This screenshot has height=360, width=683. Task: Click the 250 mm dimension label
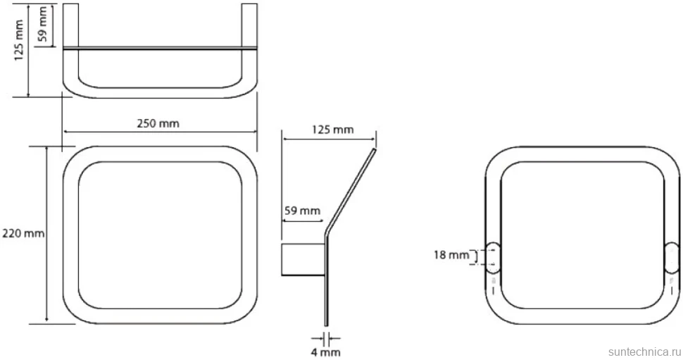click(x=158, y=123)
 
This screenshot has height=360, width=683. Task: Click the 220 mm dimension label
click(x=23, y=234)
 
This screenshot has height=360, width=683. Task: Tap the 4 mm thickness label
click(x=326, y=352)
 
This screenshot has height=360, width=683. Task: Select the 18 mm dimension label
click(x=451, y=255)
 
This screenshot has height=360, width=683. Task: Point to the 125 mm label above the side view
click(x=333, y=130)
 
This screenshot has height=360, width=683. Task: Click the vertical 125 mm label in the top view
click(x=19, y=40)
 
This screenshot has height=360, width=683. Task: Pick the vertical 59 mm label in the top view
click(x=43, y=23)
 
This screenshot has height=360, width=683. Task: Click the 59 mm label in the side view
click(x=302, y=211)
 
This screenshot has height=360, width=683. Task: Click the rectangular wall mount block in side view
click(x=303, y=260)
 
